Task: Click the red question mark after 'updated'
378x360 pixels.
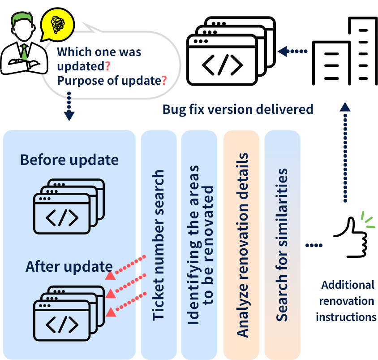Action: tap(108, 66)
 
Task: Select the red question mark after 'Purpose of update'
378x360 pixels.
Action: tap(164, 81)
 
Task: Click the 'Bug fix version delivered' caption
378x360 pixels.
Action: tap(237, 109)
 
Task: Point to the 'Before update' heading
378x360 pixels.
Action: tap(69, 160)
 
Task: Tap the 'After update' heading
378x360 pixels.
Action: tap(69, 266)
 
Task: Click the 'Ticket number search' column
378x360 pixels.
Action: tap(159, 245)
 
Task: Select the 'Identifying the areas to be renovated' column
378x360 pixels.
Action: tap(199, 245)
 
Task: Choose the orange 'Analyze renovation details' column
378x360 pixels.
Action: tap(241, 245)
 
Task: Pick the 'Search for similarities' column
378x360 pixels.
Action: tap(282, 245)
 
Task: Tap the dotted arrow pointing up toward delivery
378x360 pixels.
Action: tap(345, 152)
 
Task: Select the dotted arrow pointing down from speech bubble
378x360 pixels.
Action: tap(69, 107)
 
